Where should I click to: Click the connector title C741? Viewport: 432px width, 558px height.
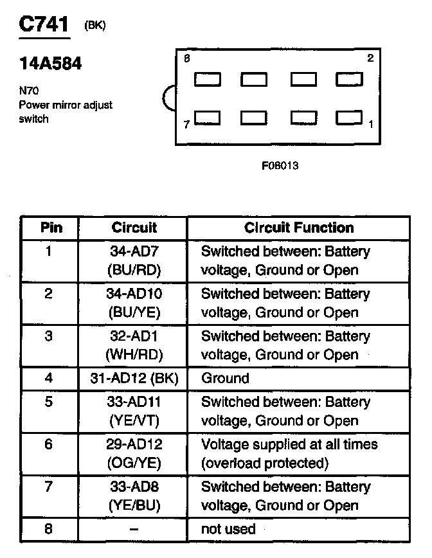pyautogui.click(x=44, y=24)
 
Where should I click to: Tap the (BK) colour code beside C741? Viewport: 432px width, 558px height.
pyautogui.click(x=95, y=25)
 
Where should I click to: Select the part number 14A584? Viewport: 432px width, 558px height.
pyautogui.click(x=50, y=64)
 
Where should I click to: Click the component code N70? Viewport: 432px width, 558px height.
pyautogui.click(x=29, y=91)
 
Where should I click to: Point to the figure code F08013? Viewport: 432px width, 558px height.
pyautogui.click(x=280, y=165)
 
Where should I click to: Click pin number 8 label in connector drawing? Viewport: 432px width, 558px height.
pyautogui.click(x=187, y=58)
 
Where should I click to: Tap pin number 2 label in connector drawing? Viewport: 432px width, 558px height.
pyautogui.click(x=370, y=58)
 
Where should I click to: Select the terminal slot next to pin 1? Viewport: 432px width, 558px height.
pyautogui.click(x=349, y=118)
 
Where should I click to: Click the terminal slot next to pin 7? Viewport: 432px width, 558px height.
pyautogui.click(x=208, y=118)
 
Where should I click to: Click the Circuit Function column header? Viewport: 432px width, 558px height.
pyautogui.click(x=299, y=228)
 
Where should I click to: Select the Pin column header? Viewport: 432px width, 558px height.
pyautogui.click(x=51, y=228)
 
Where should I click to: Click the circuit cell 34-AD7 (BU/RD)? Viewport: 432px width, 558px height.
pyautogui.click(x=134, y=261)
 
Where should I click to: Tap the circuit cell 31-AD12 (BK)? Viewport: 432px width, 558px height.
pyautogui.click(x=134, y=378)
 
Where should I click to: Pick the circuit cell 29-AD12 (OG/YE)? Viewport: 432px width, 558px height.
pyautogui.click(x=134, y=454)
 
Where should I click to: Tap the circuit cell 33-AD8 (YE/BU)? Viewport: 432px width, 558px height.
pyautogui.click(x=134, y=496)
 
